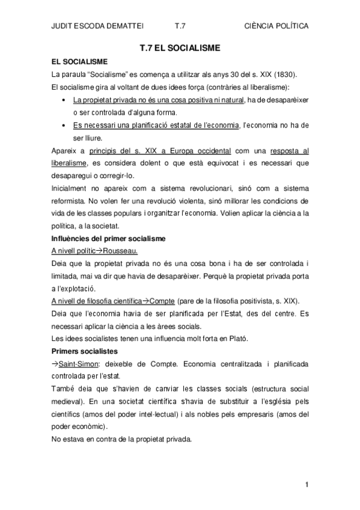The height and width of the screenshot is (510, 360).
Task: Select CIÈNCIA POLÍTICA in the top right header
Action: [x=278, y=26]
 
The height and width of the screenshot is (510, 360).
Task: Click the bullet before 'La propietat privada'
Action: [x=64, y=100]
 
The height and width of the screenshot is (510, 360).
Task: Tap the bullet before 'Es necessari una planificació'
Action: [x=64, y=125]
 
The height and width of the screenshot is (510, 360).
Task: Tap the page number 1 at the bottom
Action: [x=307, y=484]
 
